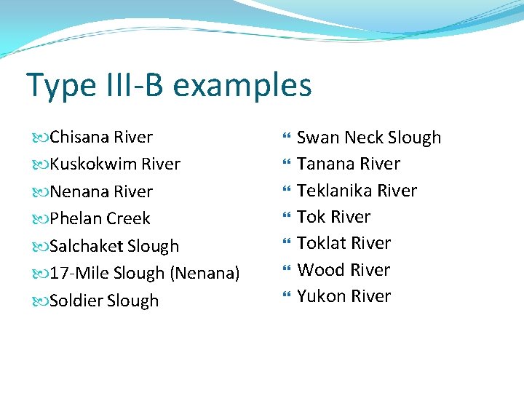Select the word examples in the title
pos(242,86)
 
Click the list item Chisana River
pos(101,137)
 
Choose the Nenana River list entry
pos(101,191)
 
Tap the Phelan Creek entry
pos(100,218)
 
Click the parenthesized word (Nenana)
pos(205,274)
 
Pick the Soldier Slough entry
pos(104,301)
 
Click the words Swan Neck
pos(340,138)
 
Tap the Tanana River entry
pos(349,164)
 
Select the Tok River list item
pos(333,217)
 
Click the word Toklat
pos(320,243)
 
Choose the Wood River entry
pos(344,270)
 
